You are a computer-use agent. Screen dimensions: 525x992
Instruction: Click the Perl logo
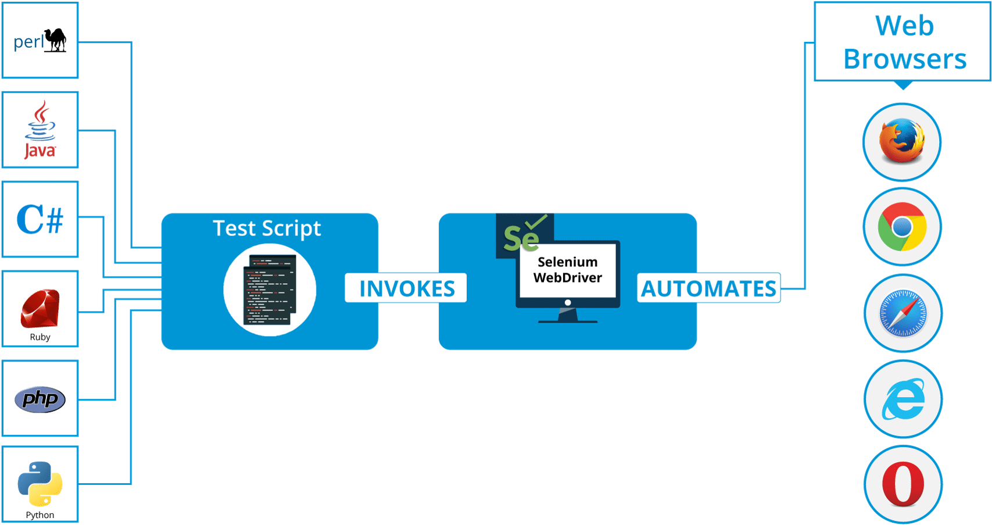click(40, 41)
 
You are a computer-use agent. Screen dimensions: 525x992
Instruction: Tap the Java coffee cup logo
click(40, 129)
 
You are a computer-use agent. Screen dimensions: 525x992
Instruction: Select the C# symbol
click(40, 220)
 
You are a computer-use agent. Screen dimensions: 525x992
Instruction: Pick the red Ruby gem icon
click(40, 308)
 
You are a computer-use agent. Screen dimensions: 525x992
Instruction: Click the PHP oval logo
click(40, 399)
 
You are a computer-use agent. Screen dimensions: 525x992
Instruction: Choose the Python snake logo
click(40, 484)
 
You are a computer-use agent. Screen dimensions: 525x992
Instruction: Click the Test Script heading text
click(267, 228)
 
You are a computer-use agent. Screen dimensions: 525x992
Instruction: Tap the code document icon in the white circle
click(270, 290)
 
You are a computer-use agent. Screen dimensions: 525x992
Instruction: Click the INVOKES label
click(406, 288)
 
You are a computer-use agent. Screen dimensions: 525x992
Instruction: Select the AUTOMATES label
click(708, 288)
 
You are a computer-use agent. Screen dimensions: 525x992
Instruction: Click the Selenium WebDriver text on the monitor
click(567, 270)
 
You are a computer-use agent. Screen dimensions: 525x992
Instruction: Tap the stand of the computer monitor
click(568, 316)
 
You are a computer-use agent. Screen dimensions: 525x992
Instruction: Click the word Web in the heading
click(904, 26)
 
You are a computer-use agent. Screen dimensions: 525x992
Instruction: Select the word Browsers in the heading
click(905, 59)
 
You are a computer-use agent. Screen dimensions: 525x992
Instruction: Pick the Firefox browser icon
click(902, 141)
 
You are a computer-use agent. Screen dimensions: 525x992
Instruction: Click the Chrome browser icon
click(902, 227)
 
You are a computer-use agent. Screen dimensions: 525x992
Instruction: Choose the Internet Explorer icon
click(903, 399)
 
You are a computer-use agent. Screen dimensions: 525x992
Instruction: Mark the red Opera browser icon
click(903, 484)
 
